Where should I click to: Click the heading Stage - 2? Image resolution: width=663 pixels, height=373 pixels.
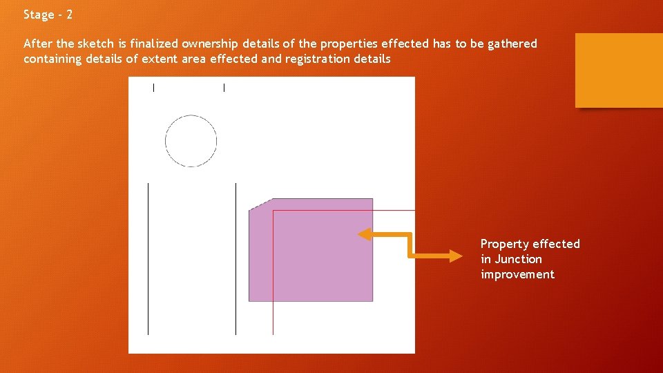48,15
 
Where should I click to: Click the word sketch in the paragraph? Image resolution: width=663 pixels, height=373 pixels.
95,44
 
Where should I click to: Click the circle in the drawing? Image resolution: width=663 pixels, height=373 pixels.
191,142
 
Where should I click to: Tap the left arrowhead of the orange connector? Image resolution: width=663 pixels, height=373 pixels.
364,235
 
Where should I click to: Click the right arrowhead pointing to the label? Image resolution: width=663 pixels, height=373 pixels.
457,256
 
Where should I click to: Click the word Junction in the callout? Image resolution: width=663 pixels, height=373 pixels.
518,259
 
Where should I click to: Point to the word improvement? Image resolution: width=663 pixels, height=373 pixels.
517,274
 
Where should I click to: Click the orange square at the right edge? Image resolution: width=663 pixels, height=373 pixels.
619,70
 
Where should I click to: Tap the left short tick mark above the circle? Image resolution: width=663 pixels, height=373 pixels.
153,87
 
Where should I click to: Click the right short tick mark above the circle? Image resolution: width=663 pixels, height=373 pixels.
224,87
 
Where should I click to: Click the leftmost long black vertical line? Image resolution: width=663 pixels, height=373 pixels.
148,259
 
